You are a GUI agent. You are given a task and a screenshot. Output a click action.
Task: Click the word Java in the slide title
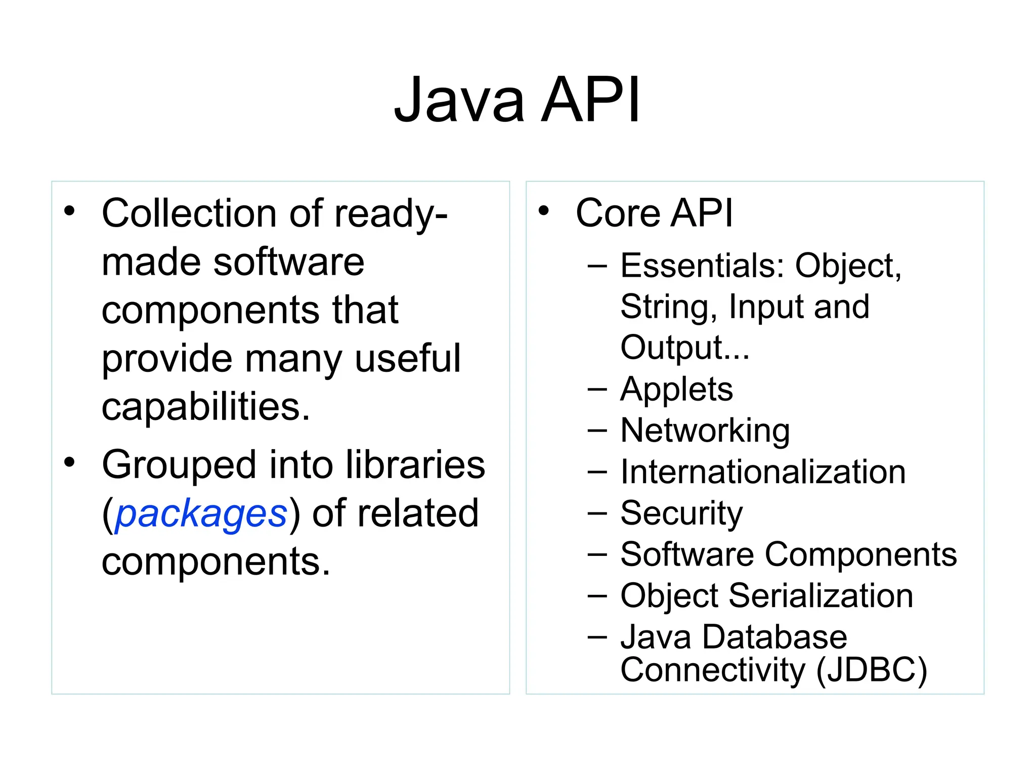(x=459, y=100)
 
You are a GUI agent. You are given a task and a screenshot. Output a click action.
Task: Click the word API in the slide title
(x=591, y=100)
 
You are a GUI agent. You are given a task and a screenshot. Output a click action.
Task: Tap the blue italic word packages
(x=201, y=514)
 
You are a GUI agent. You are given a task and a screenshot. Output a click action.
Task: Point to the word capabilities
(x=205, y=407)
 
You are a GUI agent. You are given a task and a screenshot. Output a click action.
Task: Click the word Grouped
(x=179, y=465)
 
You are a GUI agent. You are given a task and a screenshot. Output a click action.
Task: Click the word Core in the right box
(x=618, y=213)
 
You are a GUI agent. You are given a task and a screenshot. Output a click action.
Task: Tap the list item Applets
(x=676, y=390)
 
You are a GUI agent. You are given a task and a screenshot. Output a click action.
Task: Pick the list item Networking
(x=705, y=431)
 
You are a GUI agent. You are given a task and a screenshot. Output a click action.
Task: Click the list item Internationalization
(x=763, y=472)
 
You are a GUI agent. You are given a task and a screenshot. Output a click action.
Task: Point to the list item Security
(x=681, y=513)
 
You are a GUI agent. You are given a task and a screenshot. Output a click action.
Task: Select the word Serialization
(x=821, y=595)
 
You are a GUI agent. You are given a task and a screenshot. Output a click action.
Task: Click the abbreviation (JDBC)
(x=872, y=670)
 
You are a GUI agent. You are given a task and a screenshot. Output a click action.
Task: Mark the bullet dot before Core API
(x=543, y=211)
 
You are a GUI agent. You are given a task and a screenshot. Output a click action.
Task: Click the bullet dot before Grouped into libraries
(x=69, y=462)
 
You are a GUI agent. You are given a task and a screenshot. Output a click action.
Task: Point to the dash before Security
(x=597, y=512)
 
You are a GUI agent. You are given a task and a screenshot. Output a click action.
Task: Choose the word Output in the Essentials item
(x=678, y=348)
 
